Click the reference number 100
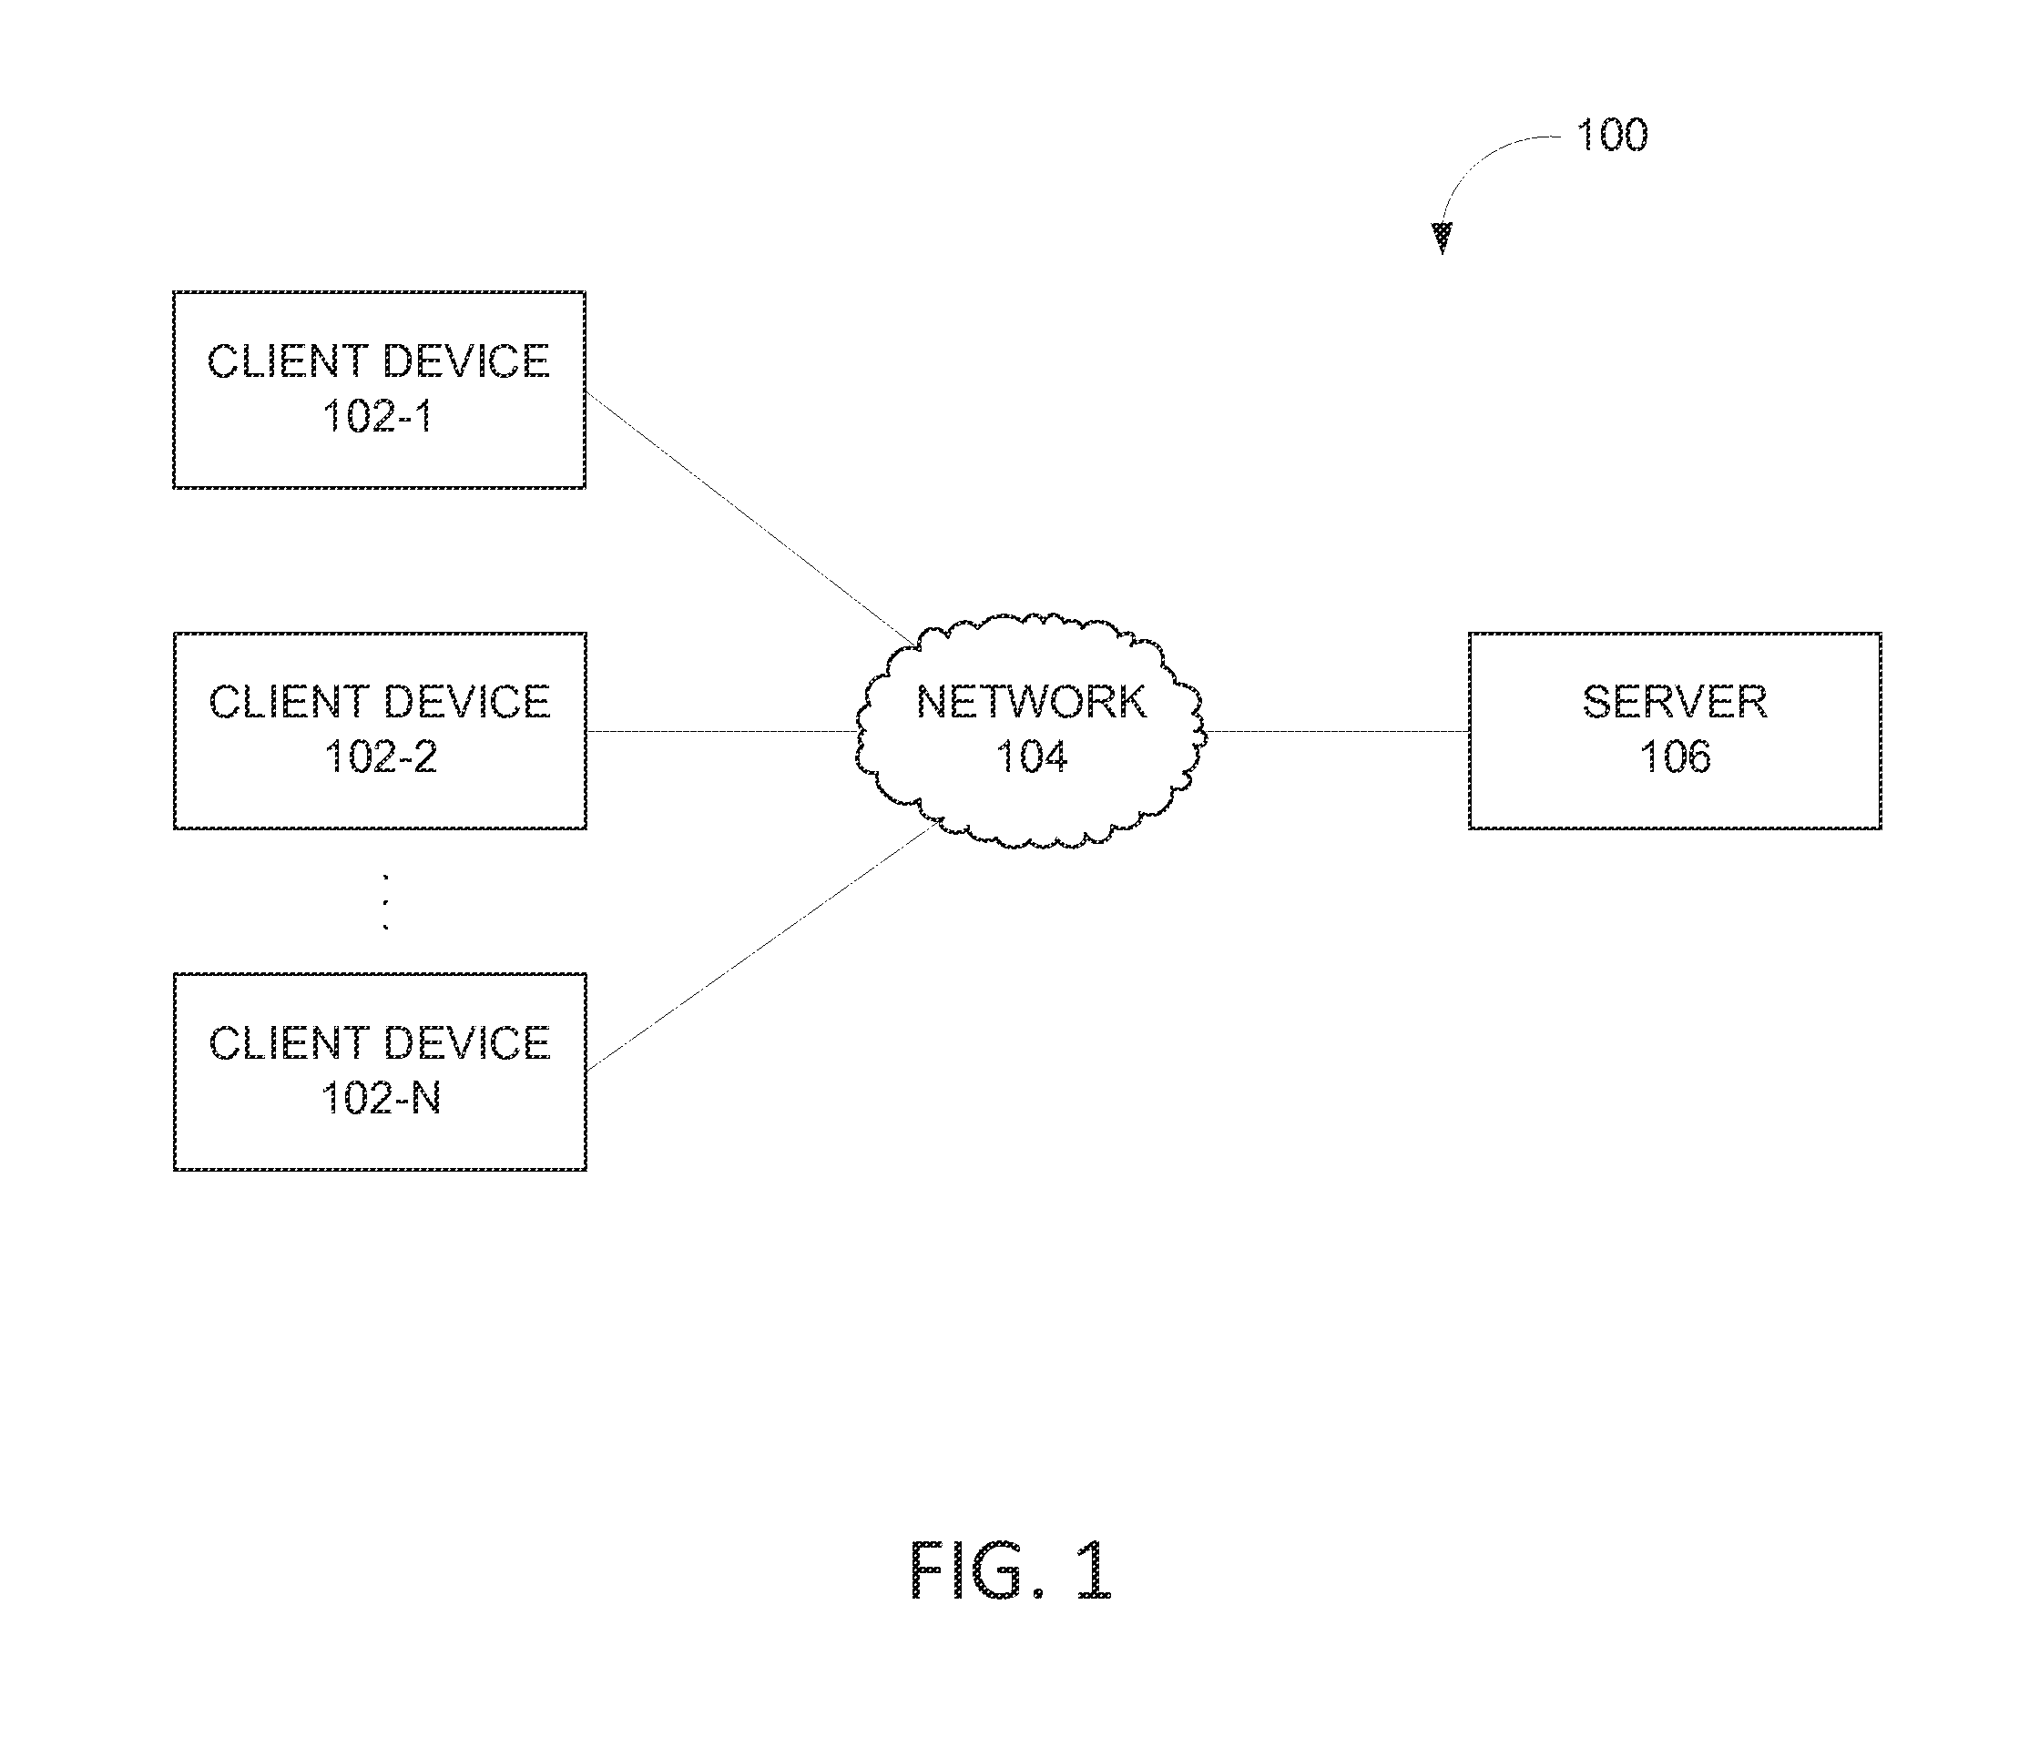[x=1612, y=136]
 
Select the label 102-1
[x=377, y=416]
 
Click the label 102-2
[x=380, y=757]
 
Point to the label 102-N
[x=381, y=1098]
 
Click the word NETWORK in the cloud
[x=1032, y=703]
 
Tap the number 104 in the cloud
[x=1032, y=757]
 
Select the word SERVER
[x=1675, y=703]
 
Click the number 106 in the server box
[x=1675, y=757]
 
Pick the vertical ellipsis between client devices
[x=386, y=902]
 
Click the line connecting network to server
[x=1337, y=731]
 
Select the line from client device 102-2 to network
[x=722, y=731]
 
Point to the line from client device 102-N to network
[x=763, y=945]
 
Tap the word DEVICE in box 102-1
[x=465, y=361]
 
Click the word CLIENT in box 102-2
[x=289, y=703]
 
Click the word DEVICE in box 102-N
[x=467, y=1043]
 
